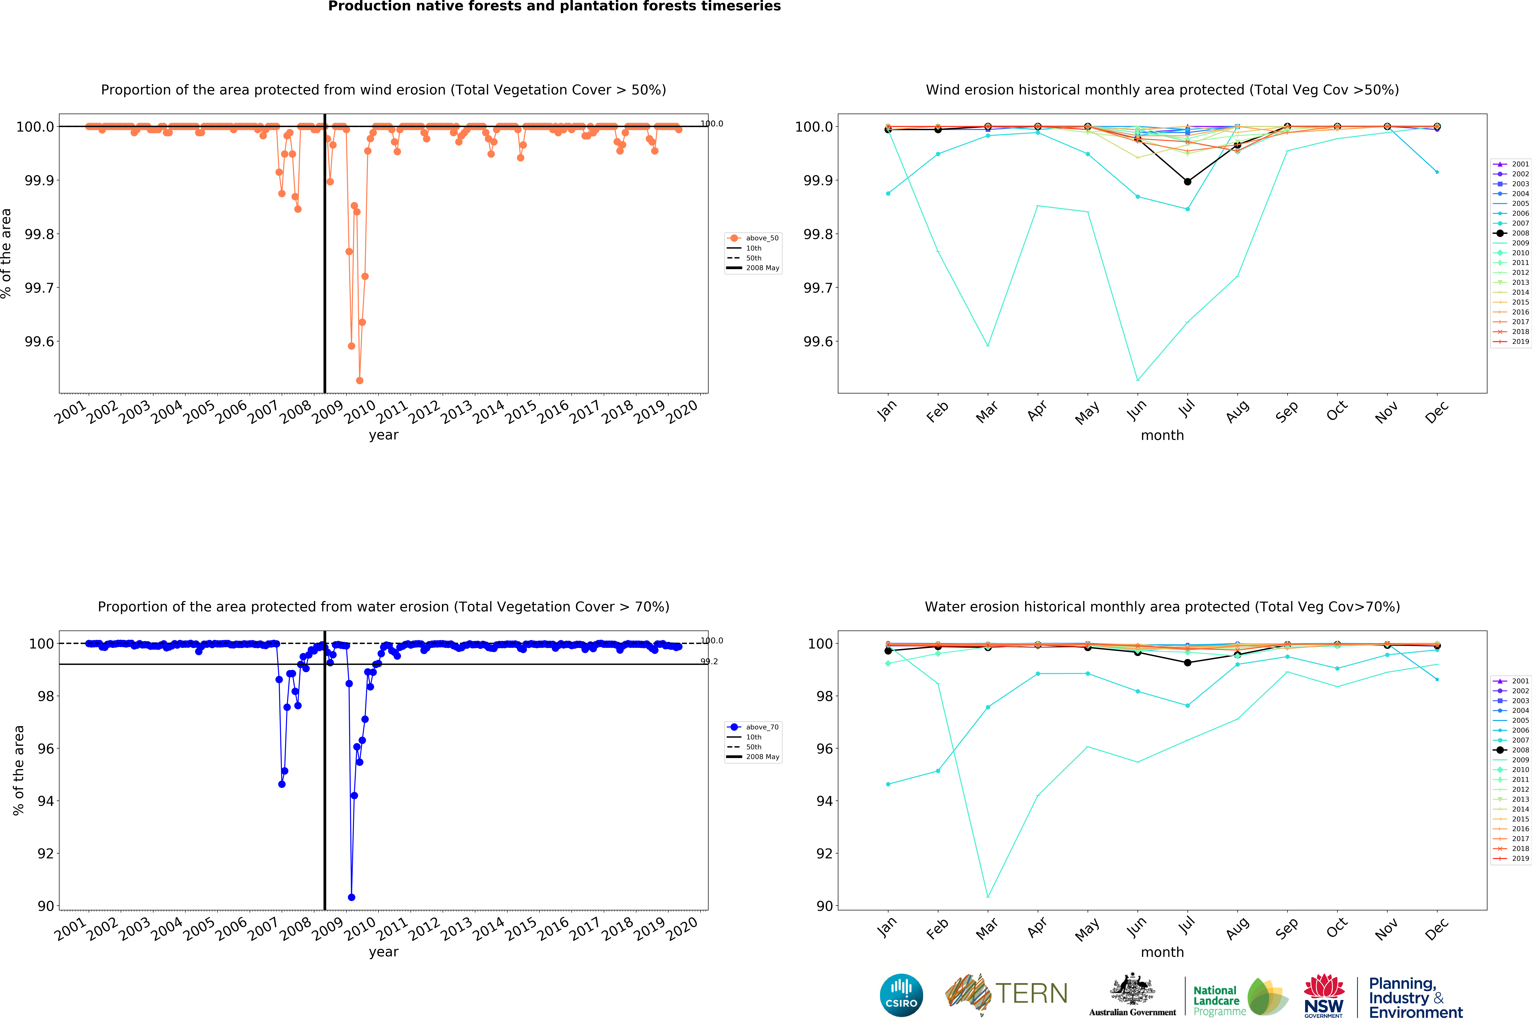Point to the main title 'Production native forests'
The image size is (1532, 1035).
pyautogui.click(x=554, y=7)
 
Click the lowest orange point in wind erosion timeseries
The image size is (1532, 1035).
pyautogui.click(x=359, y=380)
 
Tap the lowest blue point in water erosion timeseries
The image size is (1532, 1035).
pyautogui.click(x=351, y=897)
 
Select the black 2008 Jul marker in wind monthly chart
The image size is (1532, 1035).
pyautogui.click(x=1187, y=181)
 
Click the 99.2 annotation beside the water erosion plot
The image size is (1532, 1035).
pyautogui.click(x=709, y=661)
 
